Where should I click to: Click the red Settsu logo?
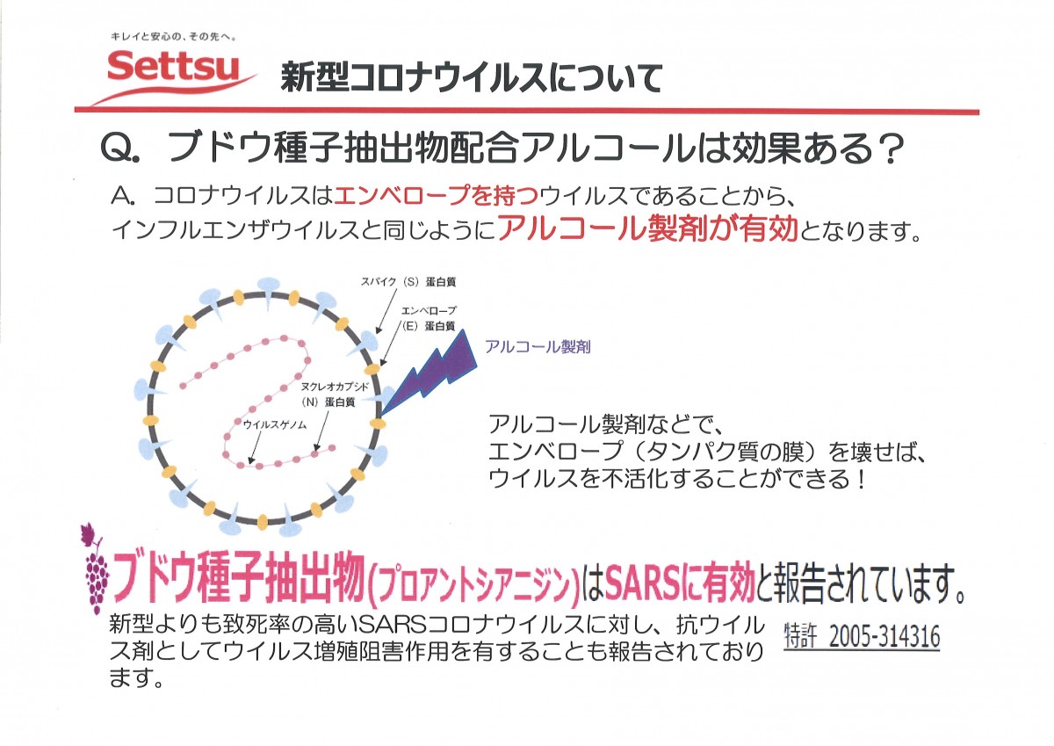click(x=173, y=70)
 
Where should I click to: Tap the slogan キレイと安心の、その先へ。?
click(x=173, y=37)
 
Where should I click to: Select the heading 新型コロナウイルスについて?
click(x=472, y=78)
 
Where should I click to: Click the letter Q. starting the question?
click(x=120, y=148)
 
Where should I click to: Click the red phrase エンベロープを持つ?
click(x=437, y=196)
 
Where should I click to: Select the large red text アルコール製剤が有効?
click(x=648, y=228)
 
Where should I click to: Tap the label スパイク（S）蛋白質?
click(x=408, y=282)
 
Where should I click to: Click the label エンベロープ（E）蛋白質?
click(x=429, y=318)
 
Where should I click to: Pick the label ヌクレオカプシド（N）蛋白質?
click(x=335, y=395)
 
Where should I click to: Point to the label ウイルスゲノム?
click(x=275, y=424)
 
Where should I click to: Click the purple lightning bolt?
click(x=429, y=372)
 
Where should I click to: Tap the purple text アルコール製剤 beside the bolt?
click(x=538, y=347)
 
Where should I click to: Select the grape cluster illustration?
click(x=96, y=569)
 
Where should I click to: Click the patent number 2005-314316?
click(x=884, y=637)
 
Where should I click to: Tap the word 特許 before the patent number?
click(x=799, y=636)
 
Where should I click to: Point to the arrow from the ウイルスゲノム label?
click(x=255, y=447)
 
